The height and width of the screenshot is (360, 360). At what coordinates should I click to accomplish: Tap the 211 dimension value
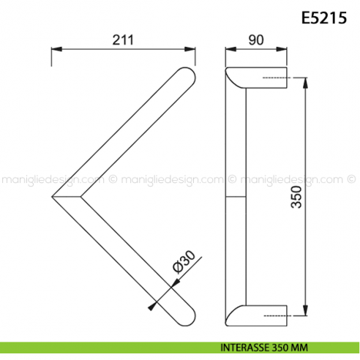tap(123, 40)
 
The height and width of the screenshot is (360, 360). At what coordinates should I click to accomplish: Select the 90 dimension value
tap(256, 40)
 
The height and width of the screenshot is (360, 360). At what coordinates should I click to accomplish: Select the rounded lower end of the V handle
tap(187, 318)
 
